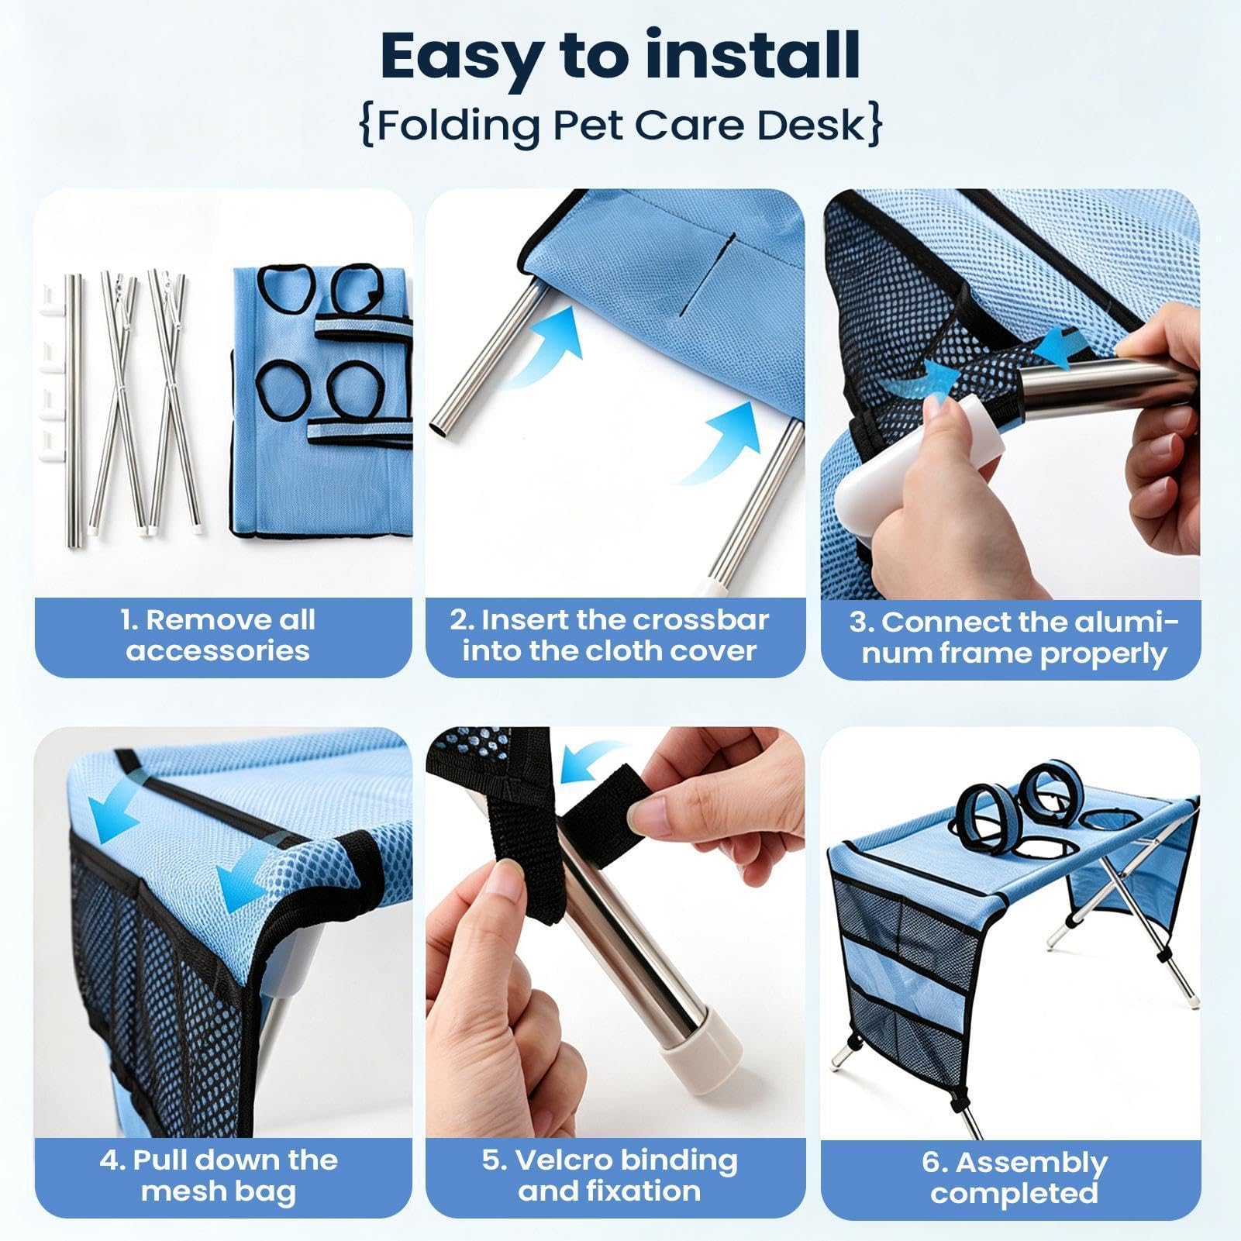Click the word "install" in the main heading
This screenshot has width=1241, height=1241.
[752, 56]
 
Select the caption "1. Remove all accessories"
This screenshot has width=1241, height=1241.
[219, 635]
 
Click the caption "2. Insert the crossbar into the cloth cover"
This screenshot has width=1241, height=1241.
[609, 635]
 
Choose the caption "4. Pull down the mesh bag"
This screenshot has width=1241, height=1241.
[219, 1175]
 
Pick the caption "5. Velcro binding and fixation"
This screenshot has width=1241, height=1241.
[609, 1175]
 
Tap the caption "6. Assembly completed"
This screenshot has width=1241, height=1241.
[1014, 1177]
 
